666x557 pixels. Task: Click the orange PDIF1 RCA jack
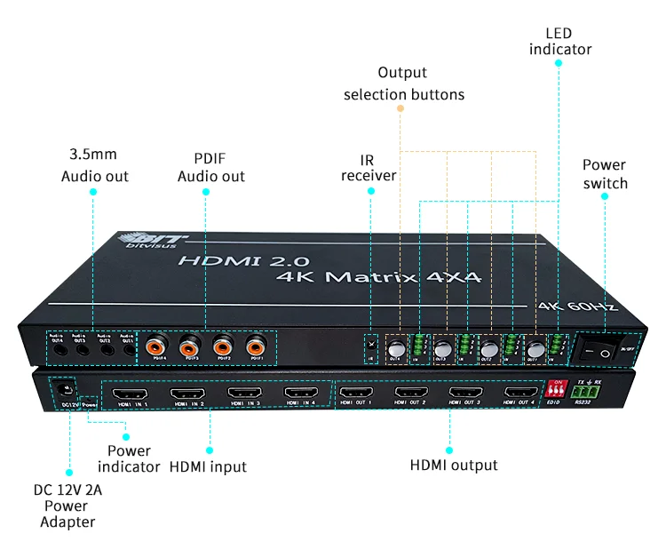click(258, 344)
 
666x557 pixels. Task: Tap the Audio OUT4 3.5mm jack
click(56, 347)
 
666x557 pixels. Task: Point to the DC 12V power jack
click(63, 388)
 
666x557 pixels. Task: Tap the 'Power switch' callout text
click(605, 174)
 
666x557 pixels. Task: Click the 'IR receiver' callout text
click(369, 168)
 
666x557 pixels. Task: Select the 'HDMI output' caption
click(454, 465)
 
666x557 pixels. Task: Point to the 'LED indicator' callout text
click(560, 41)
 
